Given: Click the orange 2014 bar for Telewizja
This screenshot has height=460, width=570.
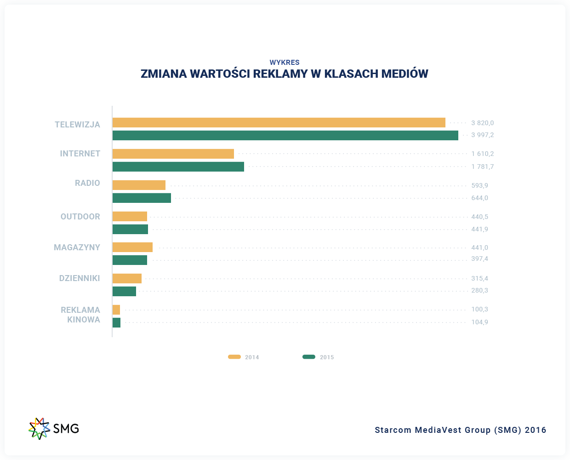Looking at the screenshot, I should pyautogui.click(x=279, y=122).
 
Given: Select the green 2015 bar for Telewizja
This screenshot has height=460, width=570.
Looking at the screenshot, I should pyautogui.click(x=285, y=135).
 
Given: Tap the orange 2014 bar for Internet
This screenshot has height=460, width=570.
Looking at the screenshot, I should pyautogui.click(x=173, y=154).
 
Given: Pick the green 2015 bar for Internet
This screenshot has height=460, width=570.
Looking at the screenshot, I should pyautogui.click(x=178, y=167).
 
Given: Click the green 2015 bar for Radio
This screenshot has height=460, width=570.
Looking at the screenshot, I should pyautogui.click(x=142, y=198).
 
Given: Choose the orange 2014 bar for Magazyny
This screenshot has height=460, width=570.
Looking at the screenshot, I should pyautogui.click(x=132, y=247).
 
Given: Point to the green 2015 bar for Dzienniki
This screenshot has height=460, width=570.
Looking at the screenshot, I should pyautogui.click(x=124, y=291).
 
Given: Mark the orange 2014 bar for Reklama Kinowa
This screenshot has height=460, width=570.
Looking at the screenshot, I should pyautogui.click(x=116, y=310).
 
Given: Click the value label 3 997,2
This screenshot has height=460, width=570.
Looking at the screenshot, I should pyautogui.click(x=482, y=135).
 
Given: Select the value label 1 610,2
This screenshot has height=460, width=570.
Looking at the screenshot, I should pyautogui.click(x=482, y=154).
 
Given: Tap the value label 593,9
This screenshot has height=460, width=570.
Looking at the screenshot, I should pyautogui.click(x=479, y=185).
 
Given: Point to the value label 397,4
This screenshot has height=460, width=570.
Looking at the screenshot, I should pyautogui.click(x=479, y=259).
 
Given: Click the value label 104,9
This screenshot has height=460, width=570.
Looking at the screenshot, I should pyautogui.click(x=479, y=322).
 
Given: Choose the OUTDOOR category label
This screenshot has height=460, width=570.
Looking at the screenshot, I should pyautogui.click(x=80, y=217).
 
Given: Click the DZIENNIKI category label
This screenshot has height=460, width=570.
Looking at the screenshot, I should pyautogui.click(x=80, y=278).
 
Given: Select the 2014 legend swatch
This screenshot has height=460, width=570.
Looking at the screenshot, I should pyautogui.click(x=234, y=357).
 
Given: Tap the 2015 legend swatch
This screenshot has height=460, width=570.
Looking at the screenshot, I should pyautogui.click(x=309, y=357).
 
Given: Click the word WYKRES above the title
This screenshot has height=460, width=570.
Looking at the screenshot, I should pyautogui.click(x=285, y=62).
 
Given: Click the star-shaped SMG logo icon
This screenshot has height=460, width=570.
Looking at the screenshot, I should pyautogui.click(x=39, y=428).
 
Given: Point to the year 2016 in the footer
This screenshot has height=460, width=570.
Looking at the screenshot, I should pyautogui.click(x=536, y=430).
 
